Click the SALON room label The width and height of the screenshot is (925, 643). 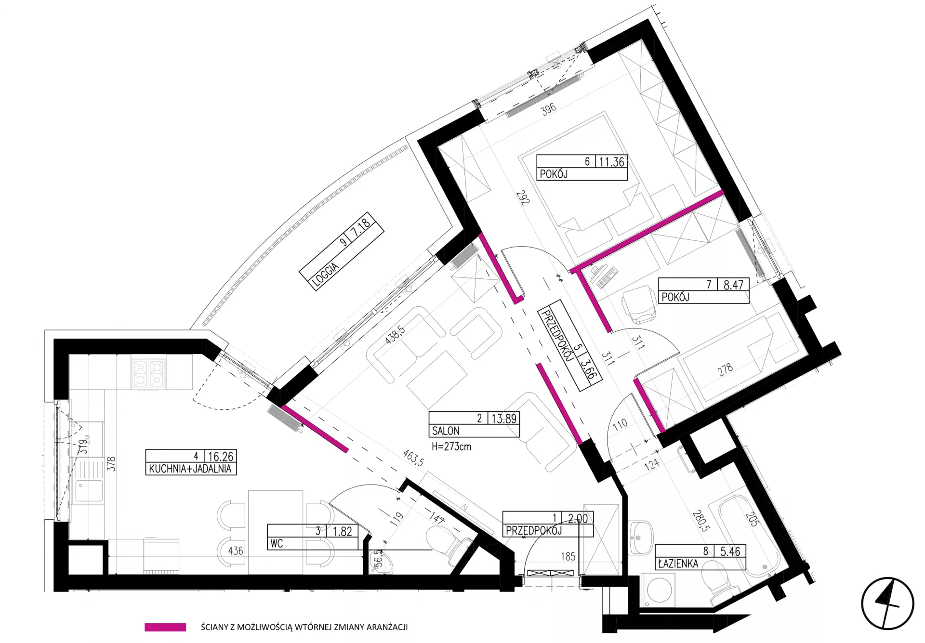click(446, 431)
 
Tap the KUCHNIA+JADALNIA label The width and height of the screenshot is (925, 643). click(190, 469)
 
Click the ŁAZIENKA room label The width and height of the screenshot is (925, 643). click(678, 563)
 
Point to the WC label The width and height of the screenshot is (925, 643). click(277, 544)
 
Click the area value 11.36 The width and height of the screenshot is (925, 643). click(611, 162)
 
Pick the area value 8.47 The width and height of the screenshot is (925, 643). click(733, 285)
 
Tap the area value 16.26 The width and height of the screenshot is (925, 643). click(221, 456)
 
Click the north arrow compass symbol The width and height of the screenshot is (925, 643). click(887, 603)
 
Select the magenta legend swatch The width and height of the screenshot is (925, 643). click(165, 627)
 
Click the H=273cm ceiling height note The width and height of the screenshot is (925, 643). click(451, 446)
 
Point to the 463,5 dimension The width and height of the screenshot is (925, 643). click(414, 458)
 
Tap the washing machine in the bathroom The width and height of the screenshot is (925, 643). click(658, 590)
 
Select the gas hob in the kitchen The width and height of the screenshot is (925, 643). click(149, 373)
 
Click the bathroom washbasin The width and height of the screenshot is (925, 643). click(640, 535)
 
